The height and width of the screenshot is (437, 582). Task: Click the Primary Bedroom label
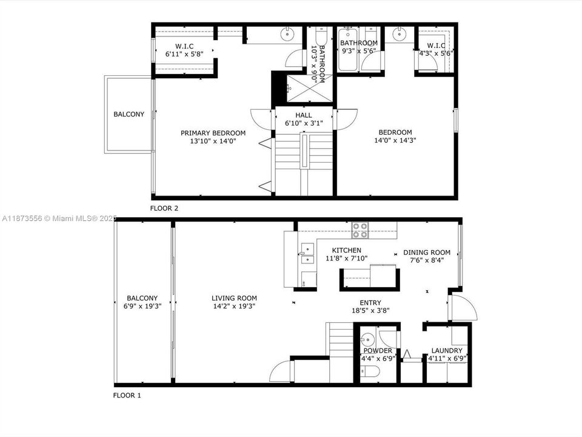click(x=213, y=133)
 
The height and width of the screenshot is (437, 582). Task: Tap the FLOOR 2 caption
click(x=164, y=208)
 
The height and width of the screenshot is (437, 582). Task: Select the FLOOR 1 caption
click(x=127, y=395)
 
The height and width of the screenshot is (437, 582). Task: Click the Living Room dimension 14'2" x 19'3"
click(x=234, y=307)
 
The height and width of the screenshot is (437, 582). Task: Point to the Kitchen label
click(x=347, y=250)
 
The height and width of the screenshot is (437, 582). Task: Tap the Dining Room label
click(x=427, y=252)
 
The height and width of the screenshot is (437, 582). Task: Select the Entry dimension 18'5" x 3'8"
click(x=370, y=311)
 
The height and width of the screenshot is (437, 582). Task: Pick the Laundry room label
click(x=447, y=351)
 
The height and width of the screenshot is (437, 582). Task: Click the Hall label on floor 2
click(x=304, y=115)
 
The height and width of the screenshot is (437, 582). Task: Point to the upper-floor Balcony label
click(x=129, y=114)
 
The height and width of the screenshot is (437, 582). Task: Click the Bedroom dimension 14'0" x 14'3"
click(x=395, y=140)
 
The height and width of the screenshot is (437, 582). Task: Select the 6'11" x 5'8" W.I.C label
click(x=184, y=54)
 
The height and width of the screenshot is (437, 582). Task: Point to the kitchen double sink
click(x=307, y=254)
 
